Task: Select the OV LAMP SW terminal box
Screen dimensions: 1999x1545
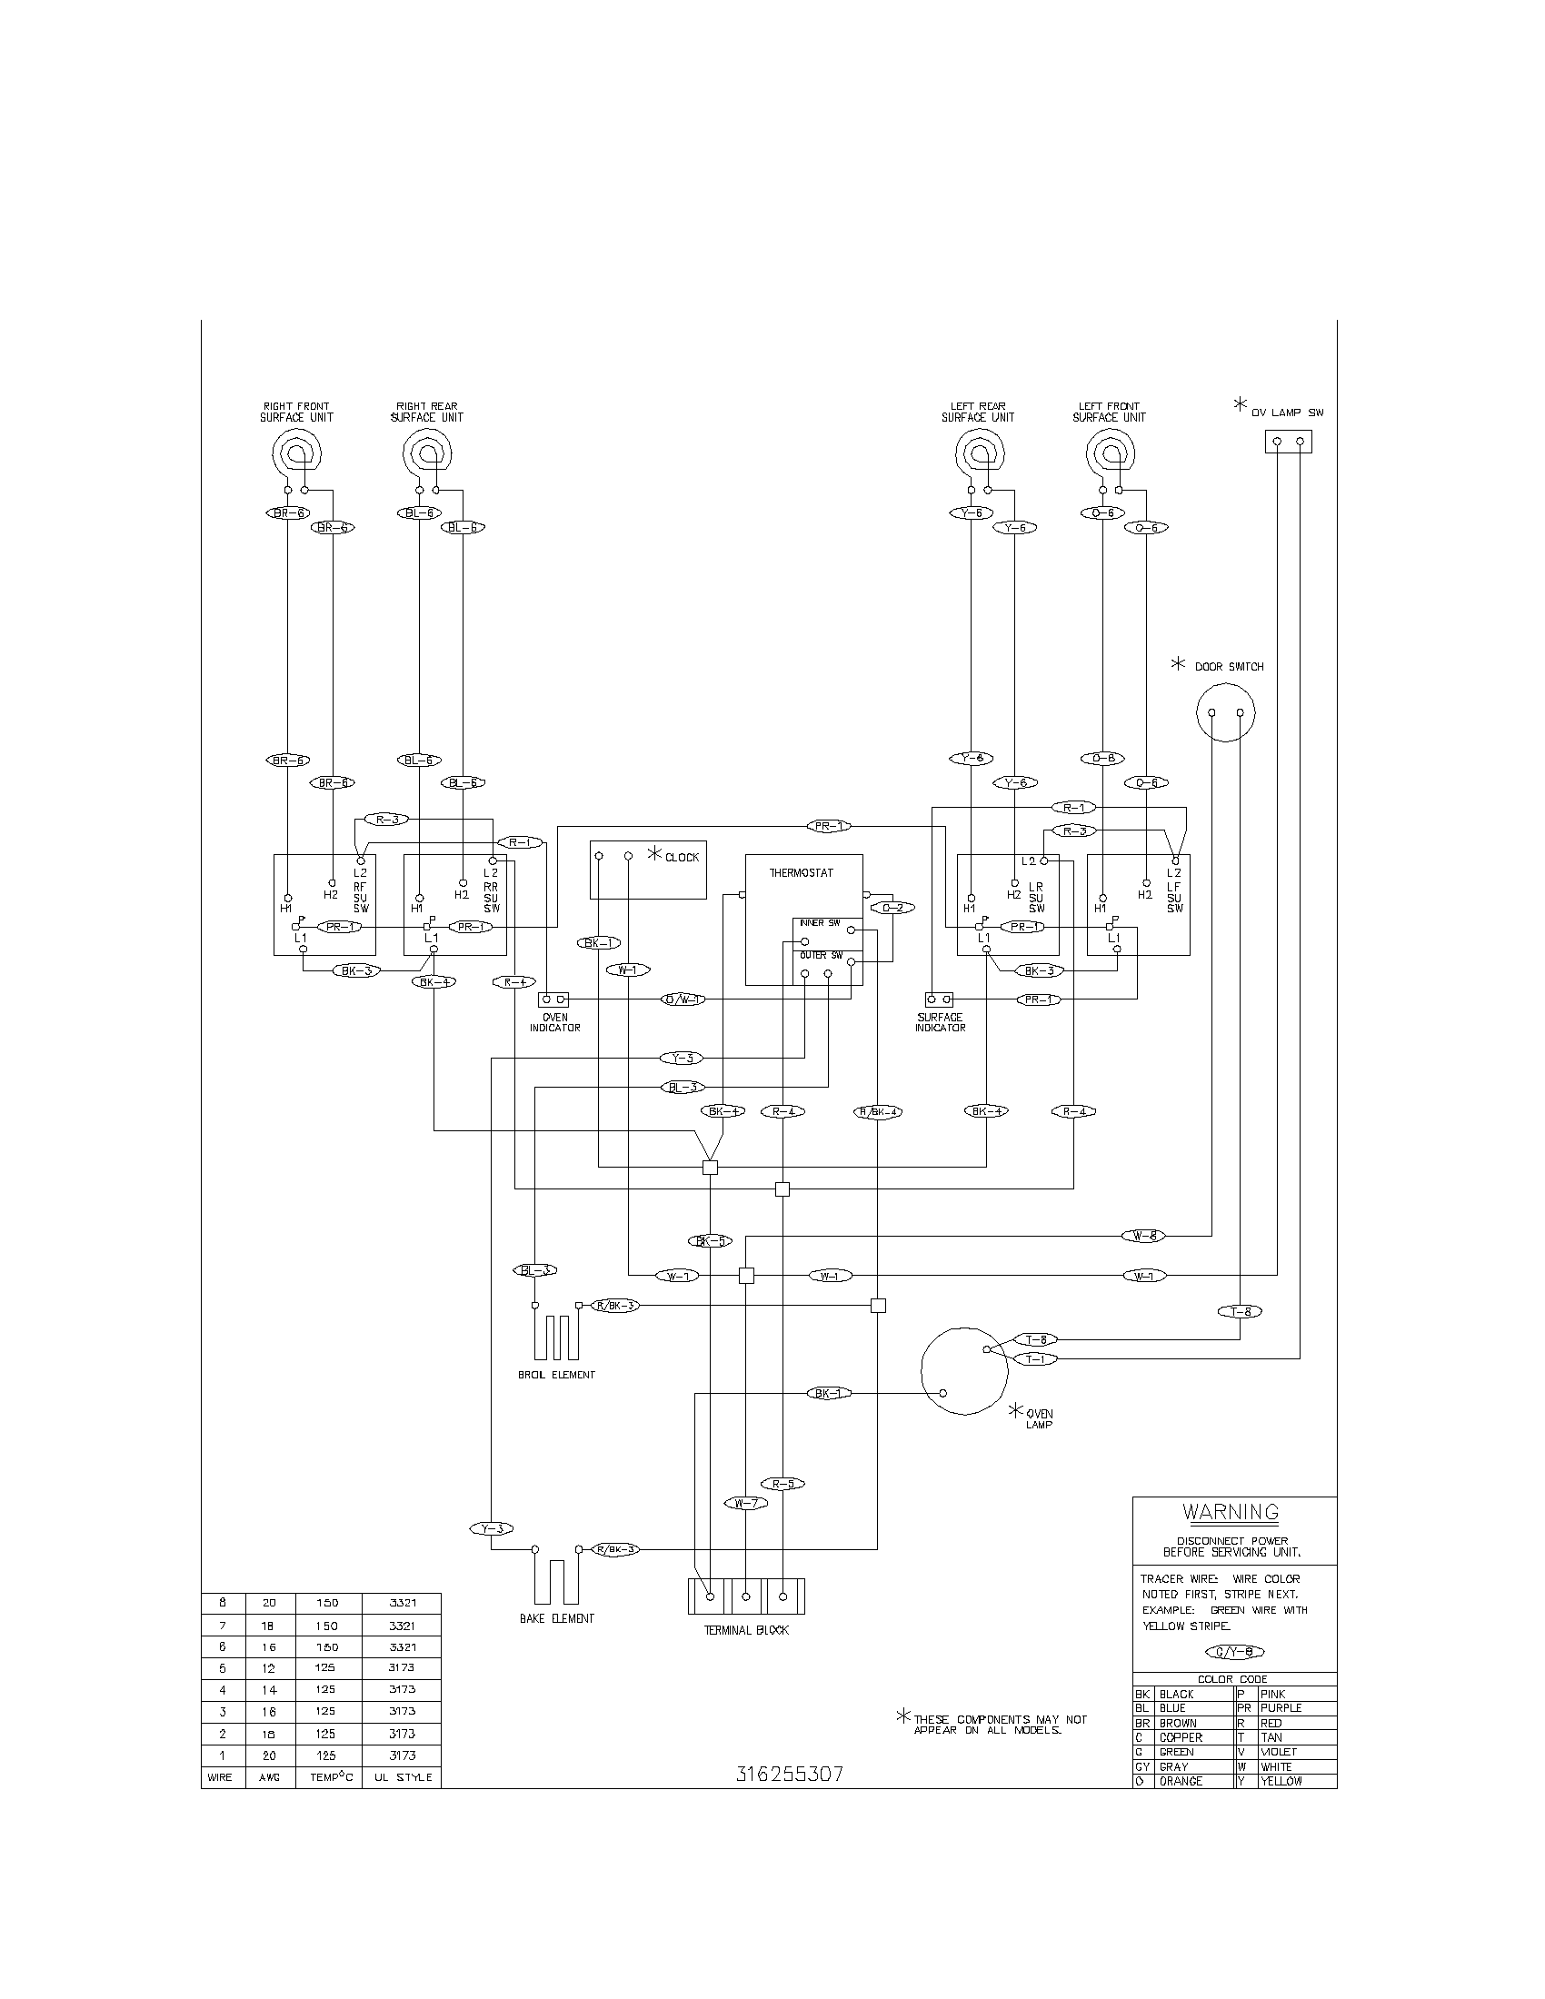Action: (1288, 443)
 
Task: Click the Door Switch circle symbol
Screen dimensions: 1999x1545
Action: (1226, 713)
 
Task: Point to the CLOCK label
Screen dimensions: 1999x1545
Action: (682, 858)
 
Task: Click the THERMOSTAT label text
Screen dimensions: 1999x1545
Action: (801, 873)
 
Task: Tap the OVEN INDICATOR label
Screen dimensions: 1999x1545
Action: (554, 1022)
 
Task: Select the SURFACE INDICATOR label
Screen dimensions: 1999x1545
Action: (940, 1022)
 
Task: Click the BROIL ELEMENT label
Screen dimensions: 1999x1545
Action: (556, 1375)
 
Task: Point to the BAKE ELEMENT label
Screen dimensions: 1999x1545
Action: (556, 1618)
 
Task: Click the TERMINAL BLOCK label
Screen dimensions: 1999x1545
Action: (746, 1630)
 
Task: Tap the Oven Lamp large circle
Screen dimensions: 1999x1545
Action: (963, 1371)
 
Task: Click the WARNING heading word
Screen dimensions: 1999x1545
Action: (1231, 1512)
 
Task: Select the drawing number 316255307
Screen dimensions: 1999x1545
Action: (790, 1775)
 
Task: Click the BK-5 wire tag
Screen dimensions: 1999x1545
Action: (710, 1241)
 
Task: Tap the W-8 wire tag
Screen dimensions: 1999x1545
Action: (1143, 1236)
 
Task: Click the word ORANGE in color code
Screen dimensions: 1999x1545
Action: (1181, 1781)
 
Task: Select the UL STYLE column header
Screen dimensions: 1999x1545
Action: (402, 1777)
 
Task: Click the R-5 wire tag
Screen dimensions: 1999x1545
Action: (782, 1484)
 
